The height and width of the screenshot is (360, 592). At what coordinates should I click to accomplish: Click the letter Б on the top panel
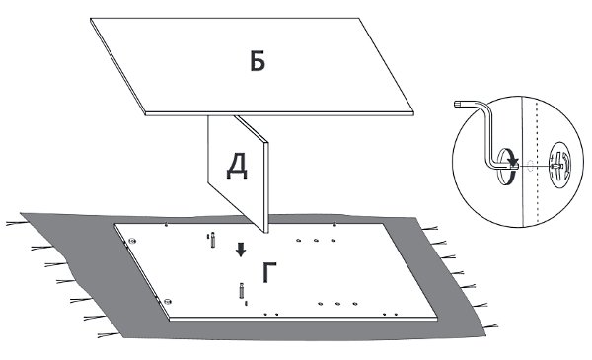click(x=258, y=61)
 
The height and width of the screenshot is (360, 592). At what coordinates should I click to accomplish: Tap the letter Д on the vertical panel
click(x=237, y=167)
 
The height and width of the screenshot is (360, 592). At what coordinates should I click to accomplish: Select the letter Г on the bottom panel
click(x=269, y=272)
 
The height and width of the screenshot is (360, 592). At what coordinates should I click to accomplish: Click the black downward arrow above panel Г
click(x=241, y=250)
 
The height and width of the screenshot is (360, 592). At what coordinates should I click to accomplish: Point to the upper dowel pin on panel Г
click(x=212, y=240)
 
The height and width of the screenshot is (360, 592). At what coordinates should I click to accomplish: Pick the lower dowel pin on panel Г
click(x=241, y=291)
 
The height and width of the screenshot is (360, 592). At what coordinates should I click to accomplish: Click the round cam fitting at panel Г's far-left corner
click(x=132, y=241)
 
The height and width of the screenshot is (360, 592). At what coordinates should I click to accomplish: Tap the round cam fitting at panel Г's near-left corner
click(x=168, y=301)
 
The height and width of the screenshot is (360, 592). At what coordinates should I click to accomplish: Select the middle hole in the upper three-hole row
click(x=316, y=240)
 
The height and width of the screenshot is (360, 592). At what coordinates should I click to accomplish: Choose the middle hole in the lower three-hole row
click(x=337, y=304)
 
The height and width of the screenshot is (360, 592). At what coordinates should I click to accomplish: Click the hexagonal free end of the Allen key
click(x=457, y=103)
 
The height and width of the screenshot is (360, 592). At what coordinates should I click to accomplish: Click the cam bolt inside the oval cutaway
click(x=556, y=166)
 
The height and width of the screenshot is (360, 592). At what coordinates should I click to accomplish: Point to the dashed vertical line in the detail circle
click(x=537, y=163)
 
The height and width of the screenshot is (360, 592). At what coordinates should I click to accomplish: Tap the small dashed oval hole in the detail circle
click(x=530, y=166)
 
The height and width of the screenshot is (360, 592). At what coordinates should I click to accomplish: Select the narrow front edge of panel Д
click(x=266, y=187)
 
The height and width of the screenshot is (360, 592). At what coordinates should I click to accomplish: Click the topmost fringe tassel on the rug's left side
click(x=17, y=223)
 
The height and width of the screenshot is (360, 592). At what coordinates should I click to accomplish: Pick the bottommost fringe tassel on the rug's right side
click(x=490, y=325)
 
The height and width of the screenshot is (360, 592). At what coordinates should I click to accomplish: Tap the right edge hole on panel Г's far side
click(x=334, y=225)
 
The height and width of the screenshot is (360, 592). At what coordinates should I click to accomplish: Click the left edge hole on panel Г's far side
click(x=166, y=225)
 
